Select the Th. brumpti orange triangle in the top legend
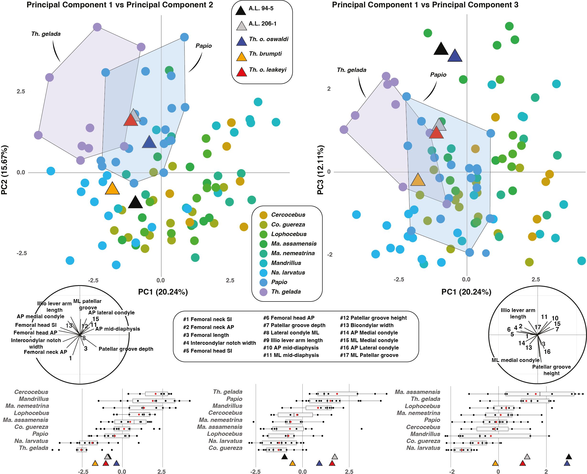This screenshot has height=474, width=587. (241, 57)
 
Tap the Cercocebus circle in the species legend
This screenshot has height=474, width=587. (263, 215)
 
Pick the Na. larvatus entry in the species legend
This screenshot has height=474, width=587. (288, 273)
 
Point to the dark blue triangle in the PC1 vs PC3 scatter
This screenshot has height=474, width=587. (455, 56)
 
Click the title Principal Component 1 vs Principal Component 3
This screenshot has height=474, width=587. (425, 5)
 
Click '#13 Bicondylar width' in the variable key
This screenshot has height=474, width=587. (367, 325)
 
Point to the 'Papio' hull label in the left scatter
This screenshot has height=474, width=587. (203, 46)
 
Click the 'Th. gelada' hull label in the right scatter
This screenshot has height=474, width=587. (352, 70)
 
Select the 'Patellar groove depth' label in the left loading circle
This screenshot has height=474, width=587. (126, 349)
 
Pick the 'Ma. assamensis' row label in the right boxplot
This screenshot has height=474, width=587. (417, 392)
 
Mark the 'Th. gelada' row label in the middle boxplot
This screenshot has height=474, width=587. (228, 392)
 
